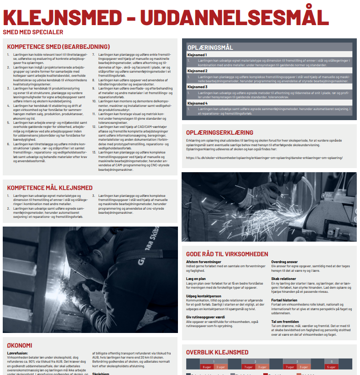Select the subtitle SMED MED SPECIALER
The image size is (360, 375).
point(33,32)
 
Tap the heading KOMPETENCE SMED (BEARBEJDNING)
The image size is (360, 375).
point(59,47)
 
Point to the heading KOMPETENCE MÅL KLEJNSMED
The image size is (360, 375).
point(50,188)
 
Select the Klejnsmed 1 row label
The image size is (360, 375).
point(198,55)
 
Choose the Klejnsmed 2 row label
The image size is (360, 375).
point(198,71)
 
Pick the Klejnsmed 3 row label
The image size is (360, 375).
point(198,87)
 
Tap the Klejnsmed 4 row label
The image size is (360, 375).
point(198,103)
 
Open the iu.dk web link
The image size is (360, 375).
point(264,158)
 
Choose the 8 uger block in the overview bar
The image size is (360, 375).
point(205,367)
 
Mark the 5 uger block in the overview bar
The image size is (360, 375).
point(331,367)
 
